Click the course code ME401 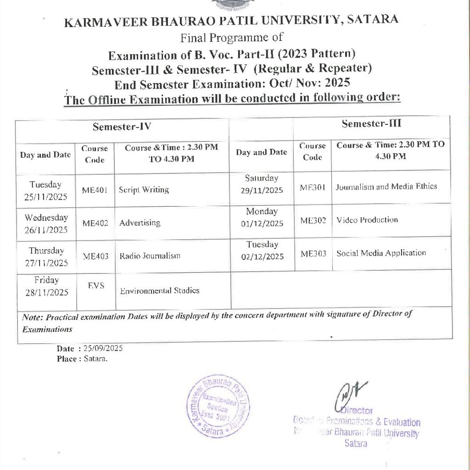(95, 190)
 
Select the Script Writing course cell (144, 189)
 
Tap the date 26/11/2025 (46, 230)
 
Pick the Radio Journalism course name (150, 256)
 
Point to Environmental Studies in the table (159, 291)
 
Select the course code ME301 (313, 187)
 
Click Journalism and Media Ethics (386, 187)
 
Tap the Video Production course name (367, 220)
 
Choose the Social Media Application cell (381, 253)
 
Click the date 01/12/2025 (262, 224)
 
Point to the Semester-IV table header (122, 127)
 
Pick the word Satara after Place (95, 358)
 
